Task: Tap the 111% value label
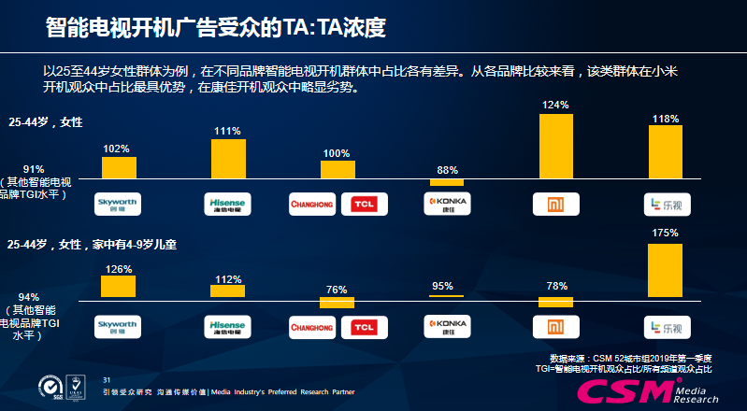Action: (227, 131)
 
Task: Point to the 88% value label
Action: (447, 169)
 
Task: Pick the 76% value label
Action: (337, 290)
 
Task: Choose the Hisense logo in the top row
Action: (228, 205)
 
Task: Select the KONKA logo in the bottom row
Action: (447, 326)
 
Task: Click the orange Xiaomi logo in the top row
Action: (556, 205)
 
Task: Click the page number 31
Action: (107, 378)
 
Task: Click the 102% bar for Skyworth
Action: (119, 167)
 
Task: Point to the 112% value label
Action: (227, 277)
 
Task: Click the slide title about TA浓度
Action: (216, 28)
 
